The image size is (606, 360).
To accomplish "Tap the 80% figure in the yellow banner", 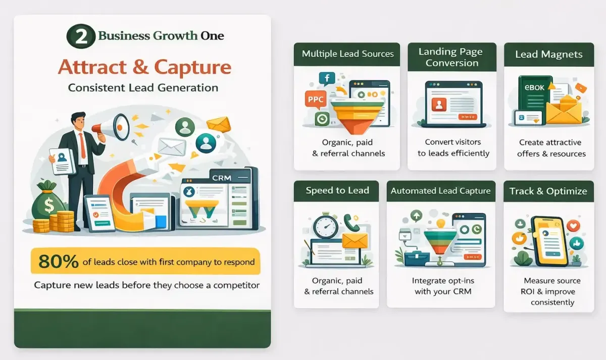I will [59, 261].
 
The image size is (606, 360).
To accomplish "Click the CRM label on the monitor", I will [222, 178].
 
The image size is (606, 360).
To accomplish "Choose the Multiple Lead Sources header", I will [347, 54].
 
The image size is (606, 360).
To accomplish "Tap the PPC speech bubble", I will [316, 99].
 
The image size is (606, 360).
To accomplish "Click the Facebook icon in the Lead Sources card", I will [326, 79].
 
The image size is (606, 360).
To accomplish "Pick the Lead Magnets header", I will [548, 54].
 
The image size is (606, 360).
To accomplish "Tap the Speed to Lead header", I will [337, 190].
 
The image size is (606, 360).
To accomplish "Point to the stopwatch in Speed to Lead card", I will [325, 227].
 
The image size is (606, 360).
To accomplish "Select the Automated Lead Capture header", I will [440, 191].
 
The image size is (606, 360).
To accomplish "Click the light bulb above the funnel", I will [440, 223].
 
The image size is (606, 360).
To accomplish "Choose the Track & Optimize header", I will [548, 191].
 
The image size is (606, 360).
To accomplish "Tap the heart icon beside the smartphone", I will [571, 225].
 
